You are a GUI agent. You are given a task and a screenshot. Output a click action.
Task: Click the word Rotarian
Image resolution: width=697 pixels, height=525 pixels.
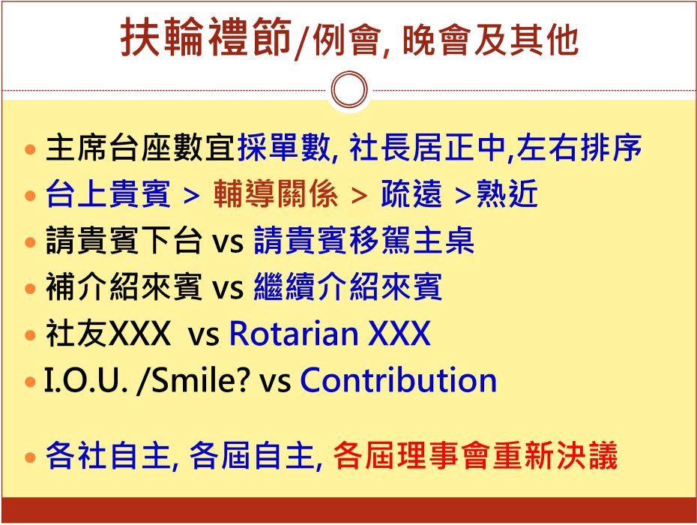coord(294,333)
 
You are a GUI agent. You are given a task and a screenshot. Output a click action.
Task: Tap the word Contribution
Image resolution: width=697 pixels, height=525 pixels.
coord(399,380)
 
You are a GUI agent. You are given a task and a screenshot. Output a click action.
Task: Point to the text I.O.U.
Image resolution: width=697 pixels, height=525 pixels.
coord(85,381)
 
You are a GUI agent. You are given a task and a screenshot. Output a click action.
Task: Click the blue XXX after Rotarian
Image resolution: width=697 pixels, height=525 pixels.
coord(399,333)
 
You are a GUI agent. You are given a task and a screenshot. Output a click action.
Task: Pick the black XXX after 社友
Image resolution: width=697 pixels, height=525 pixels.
coord(139,333)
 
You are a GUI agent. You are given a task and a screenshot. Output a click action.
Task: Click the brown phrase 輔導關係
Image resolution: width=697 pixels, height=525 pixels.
coord(275,193)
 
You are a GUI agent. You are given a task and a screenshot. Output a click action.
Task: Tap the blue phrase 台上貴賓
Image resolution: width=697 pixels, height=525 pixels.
coord(108,193)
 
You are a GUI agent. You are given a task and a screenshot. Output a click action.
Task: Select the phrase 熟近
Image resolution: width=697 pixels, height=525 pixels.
coord(507,193)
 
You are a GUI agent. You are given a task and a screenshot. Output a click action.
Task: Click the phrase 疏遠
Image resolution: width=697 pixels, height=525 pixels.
coord(411,193)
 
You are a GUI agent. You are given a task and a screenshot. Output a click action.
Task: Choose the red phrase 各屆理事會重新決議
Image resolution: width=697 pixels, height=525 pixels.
coord(475,455)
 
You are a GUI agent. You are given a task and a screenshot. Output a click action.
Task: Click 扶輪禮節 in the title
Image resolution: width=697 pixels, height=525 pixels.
coord(206,37)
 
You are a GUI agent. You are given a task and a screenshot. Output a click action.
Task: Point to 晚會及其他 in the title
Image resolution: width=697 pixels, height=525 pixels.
coord(491,40)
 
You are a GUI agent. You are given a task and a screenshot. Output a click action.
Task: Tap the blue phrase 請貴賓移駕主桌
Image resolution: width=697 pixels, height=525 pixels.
coord(364,240)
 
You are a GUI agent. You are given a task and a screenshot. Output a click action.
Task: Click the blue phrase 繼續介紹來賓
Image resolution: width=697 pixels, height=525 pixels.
coord(348,287)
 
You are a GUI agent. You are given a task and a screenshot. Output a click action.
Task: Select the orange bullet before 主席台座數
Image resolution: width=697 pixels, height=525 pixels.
coord(30,149)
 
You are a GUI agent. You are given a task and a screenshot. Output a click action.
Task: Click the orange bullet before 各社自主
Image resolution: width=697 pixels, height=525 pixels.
coord(30,457)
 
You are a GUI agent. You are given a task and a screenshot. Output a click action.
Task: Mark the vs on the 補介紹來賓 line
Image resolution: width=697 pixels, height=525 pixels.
coord(228,288)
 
